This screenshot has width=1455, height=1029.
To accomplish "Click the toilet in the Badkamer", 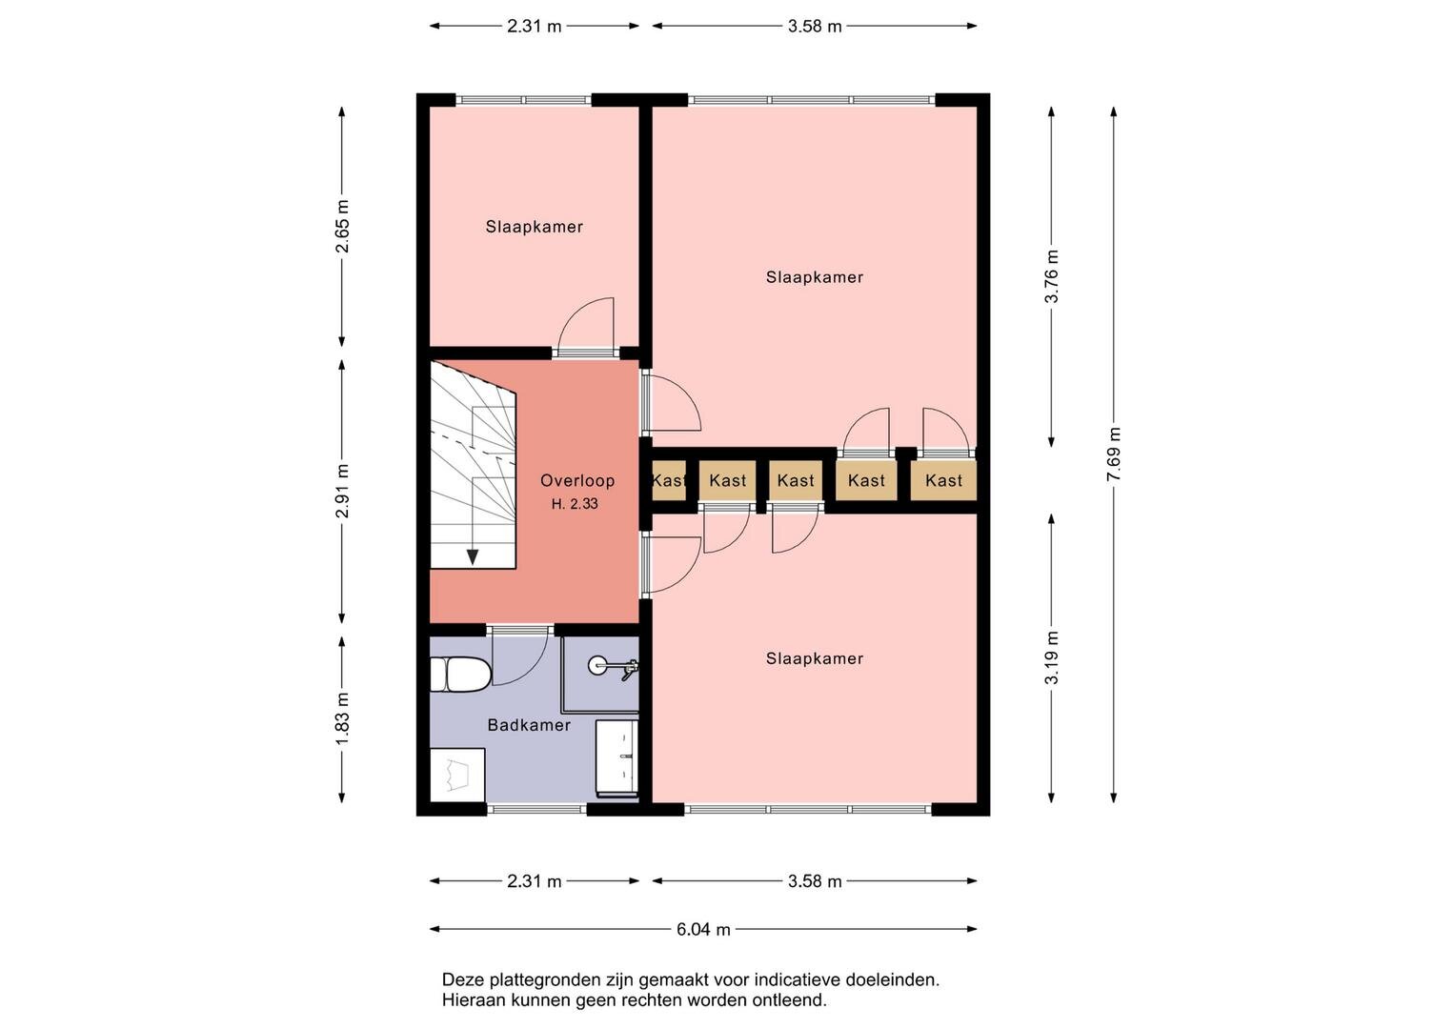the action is click(460, 675).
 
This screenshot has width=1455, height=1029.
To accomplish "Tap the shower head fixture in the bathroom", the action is click(614, 667).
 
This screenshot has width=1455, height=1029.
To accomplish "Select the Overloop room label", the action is click(577, 481).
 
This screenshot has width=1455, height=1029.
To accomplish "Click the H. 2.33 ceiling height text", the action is click(575, 503).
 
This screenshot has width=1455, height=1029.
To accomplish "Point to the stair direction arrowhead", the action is click(473, 556).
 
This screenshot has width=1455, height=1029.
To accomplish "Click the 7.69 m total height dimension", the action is click(1113, 454).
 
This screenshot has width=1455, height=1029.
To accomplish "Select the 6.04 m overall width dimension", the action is click(703, 929).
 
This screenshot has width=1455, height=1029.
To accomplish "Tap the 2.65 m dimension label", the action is click(342, 226).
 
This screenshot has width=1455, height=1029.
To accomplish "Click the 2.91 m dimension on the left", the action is click(342, 491).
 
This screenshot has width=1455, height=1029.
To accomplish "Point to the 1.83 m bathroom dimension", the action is click(342, 718).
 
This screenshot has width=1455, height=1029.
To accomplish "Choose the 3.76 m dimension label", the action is click(1052, 276).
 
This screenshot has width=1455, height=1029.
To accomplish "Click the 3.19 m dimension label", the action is click(1052, 657).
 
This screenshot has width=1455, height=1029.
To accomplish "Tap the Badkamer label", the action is click(529, 725).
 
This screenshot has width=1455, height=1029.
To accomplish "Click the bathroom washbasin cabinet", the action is click(617, 757).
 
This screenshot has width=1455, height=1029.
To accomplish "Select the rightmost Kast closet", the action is click(943, 481).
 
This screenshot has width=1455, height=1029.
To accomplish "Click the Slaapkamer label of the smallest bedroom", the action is click(534, 227).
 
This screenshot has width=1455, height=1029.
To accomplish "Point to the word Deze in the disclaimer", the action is click(463, 979).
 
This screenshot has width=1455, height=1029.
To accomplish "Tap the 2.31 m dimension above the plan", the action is click(534, 26).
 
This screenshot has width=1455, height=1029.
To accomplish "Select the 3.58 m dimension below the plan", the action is click(815, 881).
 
